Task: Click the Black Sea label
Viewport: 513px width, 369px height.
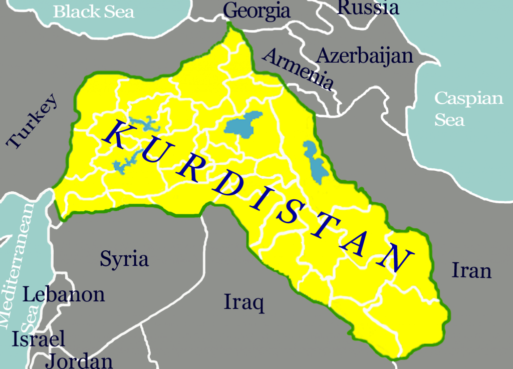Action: point(94,11)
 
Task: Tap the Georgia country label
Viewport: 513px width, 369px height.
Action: point(256,11)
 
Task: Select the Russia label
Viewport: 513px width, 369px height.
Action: point(368,8)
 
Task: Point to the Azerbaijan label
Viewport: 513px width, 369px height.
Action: point(365,56)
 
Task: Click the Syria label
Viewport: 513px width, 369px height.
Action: point(124,259)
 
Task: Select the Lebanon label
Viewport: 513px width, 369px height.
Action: point(64,294)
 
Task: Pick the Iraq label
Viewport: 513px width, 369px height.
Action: point(244,303)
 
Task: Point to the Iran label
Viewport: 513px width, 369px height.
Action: point(471,270)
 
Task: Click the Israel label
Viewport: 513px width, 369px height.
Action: point(39,339)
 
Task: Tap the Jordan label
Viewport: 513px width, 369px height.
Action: point(80,361)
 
